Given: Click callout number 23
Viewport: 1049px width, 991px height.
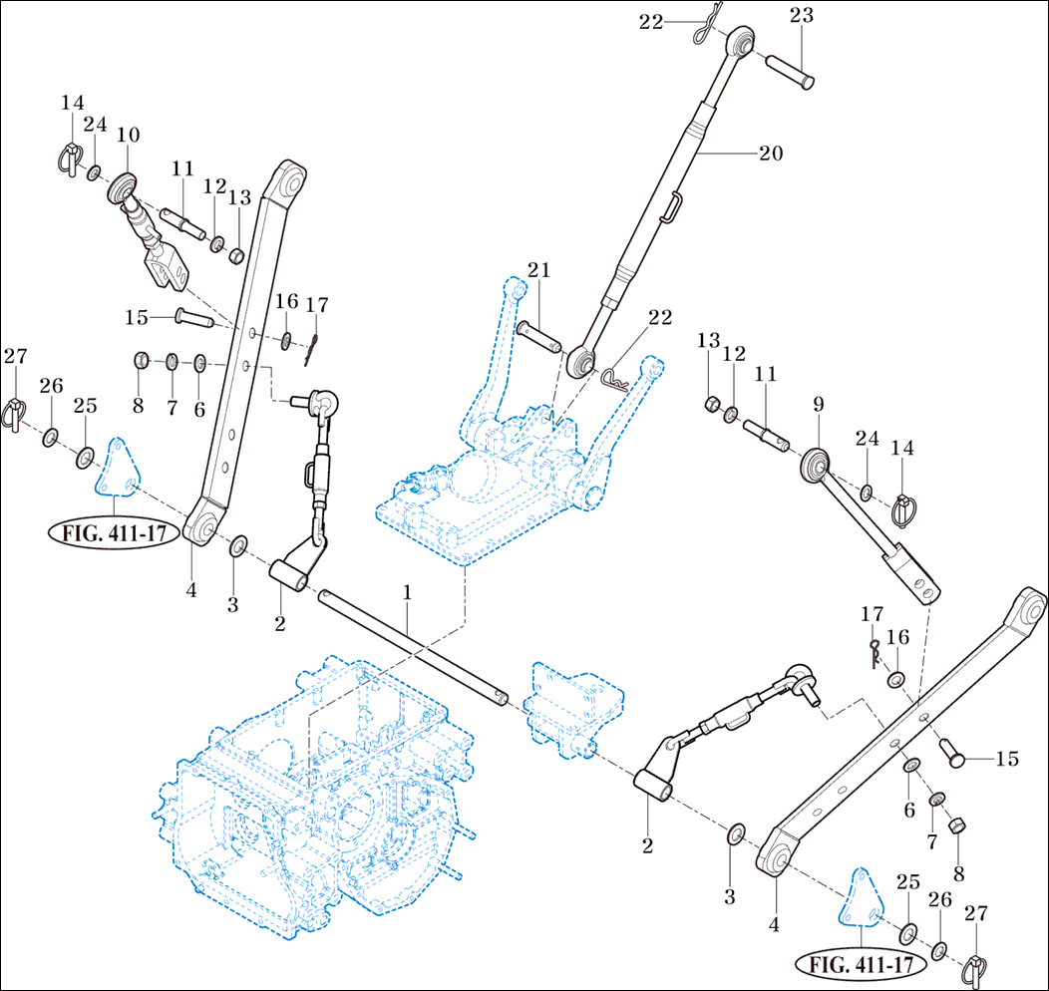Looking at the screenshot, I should (x=802, y=15).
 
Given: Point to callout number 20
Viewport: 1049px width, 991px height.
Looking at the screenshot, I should (x=771, y=154).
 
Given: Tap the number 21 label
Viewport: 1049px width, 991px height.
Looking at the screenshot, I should (x=539, y=270).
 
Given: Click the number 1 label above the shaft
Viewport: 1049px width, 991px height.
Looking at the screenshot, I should (x=407, y=592).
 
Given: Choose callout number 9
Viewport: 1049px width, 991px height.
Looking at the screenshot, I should (x=818, y=405).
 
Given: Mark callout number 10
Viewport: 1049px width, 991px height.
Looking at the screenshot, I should (x=128, y=135).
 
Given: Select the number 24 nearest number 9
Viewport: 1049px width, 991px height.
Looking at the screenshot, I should (x=868, y=438).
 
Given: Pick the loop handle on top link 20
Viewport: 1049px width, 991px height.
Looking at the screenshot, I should (x=673, y=206).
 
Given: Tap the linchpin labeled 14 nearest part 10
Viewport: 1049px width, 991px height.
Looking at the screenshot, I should (x=67, y=160).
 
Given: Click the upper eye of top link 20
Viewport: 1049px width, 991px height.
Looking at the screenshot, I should (x=740, y=42).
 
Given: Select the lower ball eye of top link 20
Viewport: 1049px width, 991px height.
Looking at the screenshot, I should (x=581, y=361).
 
